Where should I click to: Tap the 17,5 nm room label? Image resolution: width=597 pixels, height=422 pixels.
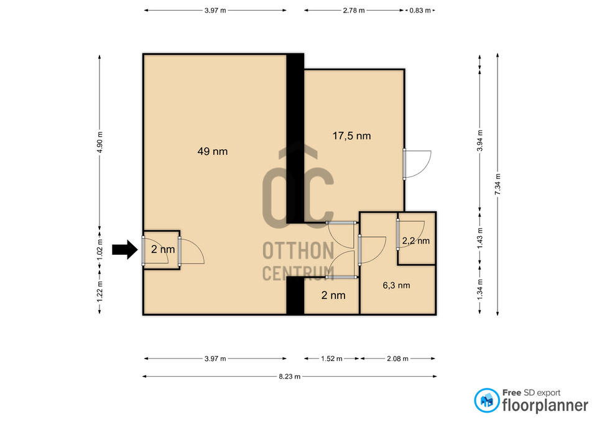(353, 135)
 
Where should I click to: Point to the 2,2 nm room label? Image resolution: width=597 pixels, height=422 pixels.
(415, 241)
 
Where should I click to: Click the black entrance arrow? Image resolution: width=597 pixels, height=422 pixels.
(124, 250)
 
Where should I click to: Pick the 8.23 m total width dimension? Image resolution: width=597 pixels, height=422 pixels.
(289, 376)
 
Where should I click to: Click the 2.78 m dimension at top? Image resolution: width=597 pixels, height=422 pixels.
(353, 11)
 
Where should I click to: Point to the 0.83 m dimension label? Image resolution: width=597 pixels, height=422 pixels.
(420, 11)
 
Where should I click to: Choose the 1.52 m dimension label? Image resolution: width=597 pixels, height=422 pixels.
(331, 359)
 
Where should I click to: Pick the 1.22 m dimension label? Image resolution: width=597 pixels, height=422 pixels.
(99, 290)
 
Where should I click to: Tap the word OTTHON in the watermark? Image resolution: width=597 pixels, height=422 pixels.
(298, 251)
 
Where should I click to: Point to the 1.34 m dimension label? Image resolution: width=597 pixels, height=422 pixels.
(479, 290)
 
